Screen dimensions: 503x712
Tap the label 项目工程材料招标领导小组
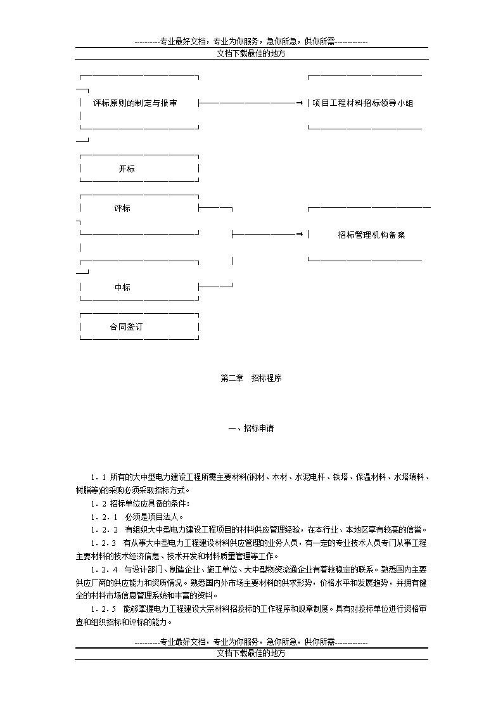click(363, 103)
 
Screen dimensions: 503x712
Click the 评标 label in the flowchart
click(122, 208)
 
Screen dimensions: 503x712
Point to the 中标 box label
click(122, 287)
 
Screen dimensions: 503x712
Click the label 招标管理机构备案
click(371, 235)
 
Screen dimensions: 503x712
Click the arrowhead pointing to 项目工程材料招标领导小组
click(300, 103)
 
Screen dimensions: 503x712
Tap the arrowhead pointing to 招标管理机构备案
click(300, 235)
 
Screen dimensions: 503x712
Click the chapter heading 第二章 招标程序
click(251, 378)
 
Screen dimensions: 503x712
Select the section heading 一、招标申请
click(251, 428)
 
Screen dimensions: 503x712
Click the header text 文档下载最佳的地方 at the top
click(251, 53)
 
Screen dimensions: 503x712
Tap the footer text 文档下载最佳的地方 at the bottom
click(251, 653)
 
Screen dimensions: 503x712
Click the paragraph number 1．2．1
click(104, 517)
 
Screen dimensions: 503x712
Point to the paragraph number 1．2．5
click(103, 609)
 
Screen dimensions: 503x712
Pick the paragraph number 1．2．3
click(103, 543)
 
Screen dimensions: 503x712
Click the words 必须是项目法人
click(153, 517)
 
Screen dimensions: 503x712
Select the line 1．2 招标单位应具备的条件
click(140, 503)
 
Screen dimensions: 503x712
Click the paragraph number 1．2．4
click(105, 569)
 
